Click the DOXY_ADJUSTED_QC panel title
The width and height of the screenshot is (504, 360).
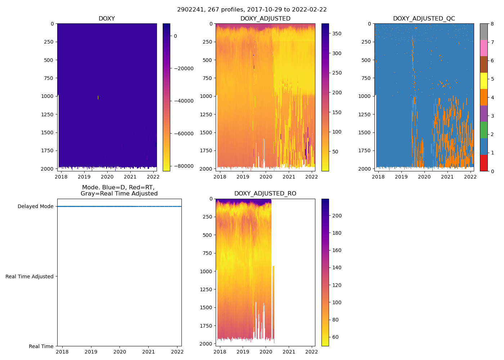(x=424, y=19)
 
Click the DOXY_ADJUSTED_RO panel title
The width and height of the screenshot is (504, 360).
(x=265, y=194)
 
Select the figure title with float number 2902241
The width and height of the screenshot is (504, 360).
(x=252, y=10)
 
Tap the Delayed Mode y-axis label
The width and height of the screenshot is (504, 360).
(x=35, y=207)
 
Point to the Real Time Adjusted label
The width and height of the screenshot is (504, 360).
(x=30, y=276)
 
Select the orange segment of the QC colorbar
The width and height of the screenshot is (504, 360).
(x=484, y=97)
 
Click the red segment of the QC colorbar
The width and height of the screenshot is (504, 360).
(x=484, y=163)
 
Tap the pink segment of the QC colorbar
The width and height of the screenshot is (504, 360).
(x=484, y=48)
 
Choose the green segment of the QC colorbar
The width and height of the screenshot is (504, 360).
(x=484, y=130)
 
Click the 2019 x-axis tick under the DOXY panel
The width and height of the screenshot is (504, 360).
(x=84, y=177)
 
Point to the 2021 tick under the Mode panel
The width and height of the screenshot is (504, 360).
(x=149, y=352)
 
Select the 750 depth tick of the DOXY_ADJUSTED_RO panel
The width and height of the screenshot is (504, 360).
(x=207, y=253)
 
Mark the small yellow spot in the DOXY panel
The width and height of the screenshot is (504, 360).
(x=98, y=97)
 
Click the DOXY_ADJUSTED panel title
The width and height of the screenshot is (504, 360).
(x=265, y=19)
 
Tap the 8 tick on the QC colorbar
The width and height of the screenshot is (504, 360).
(x=492, y=24)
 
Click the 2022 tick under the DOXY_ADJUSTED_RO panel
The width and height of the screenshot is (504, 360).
(x=312, y=352)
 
